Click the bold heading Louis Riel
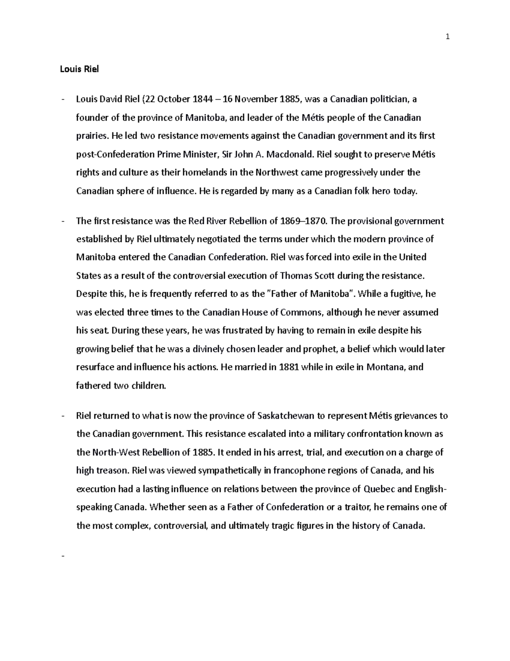tap(79, 69)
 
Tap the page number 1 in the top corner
tap(447, 37)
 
